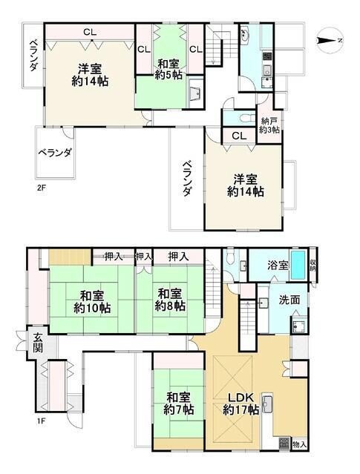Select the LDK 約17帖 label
[x=240, y=401]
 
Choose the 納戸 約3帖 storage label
[x=269, y=125]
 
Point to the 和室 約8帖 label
[x=171, y=298]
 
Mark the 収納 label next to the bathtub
[x=312, y=265]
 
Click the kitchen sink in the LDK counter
[x=269, y=405]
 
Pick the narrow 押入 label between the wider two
[x=145, y=257]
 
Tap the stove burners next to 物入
[x=284, y=444]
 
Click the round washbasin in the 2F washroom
[x=247, y=36]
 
